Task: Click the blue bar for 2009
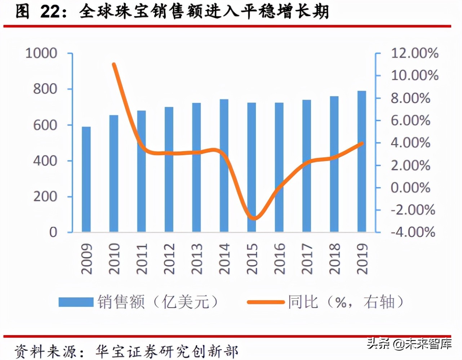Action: click(x=86, y=179)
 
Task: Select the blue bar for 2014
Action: click(x=224, y=165)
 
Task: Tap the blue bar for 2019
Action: click(x=361, y=161)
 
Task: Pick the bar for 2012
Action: click(x=169, y=169)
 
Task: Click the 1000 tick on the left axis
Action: click(x=41, y=53)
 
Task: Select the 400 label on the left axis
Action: click(x=45, y=161)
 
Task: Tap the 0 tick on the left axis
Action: click(x=53, y=232)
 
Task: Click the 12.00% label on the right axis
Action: click(x=414, y=53)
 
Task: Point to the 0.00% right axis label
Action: click(x=410, y=188)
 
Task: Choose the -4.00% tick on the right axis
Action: click(x=413, y=232)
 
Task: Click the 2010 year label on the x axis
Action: click(x=114, y=258)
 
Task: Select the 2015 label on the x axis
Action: click(x=252, y=258)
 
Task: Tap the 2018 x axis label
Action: click(x=334, y=258)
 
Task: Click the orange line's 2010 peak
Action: click(x=114, y=65)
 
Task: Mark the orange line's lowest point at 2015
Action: click(x=254, y=218)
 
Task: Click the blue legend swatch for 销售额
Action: click(x=76, y=302)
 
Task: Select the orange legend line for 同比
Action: click(x=266, y=302)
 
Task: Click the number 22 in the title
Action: click(x=49, y=12)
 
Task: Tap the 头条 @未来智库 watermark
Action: click(x=409, y=343)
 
